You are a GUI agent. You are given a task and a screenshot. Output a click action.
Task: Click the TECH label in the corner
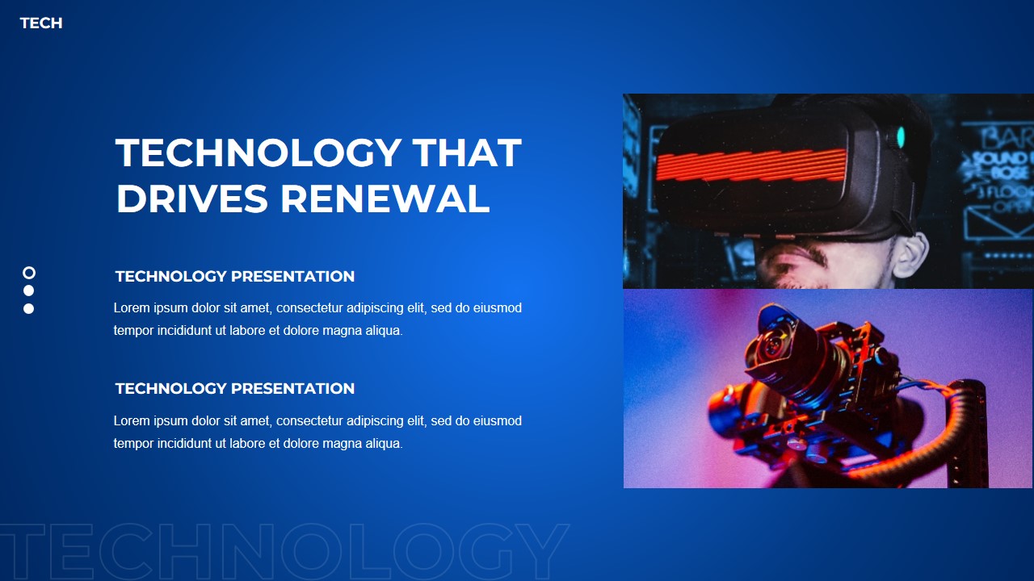[41, 23]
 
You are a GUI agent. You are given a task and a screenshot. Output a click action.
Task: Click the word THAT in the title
[466, 153]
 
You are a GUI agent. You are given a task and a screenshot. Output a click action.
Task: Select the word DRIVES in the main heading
[191, 199]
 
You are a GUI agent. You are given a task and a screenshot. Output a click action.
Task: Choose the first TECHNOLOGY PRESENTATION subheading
[234, 277]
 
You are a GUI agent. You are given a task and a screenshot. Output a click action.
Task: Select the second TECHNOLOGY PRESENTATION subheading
[234, 389]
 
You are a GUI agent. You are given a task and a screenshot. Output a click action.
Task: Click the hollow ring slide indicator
[29, 273]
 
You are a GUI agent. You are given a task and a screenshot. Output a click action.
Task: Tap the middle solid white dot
[29, 290]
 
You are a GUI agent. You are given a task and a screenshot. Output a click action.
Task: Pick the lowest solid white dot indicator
[29, 308]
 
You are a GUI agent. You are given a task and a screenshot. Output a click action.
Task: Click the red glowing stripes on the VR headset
[751, 165]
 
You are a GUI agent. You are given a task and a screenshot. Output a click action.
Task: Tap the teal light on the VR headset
[901, 137]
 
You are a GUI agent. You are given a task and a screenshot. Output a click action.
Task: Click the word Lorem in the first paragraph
[131, 308]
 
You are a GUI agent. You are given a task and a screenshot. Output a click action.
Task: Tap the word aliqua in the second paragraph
[381, 444]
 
